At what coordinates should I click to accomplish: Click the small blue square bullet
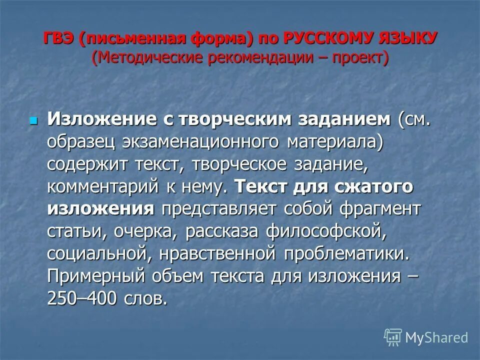33,120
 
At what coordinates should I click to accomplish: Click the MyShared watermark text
437,338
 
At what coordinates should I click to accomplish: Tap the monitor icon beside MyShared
393,337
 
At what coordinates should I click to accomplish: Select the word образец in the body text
81,142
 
